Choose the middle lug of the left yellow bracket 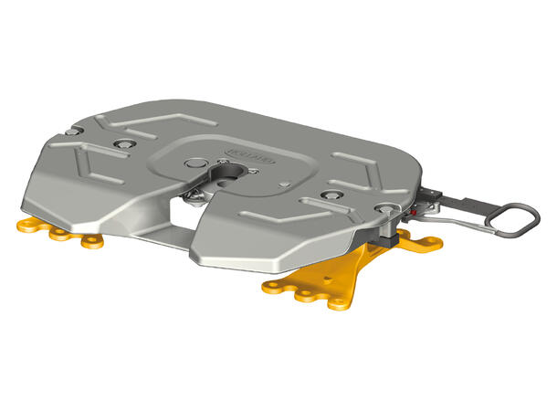click(62, 234)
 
